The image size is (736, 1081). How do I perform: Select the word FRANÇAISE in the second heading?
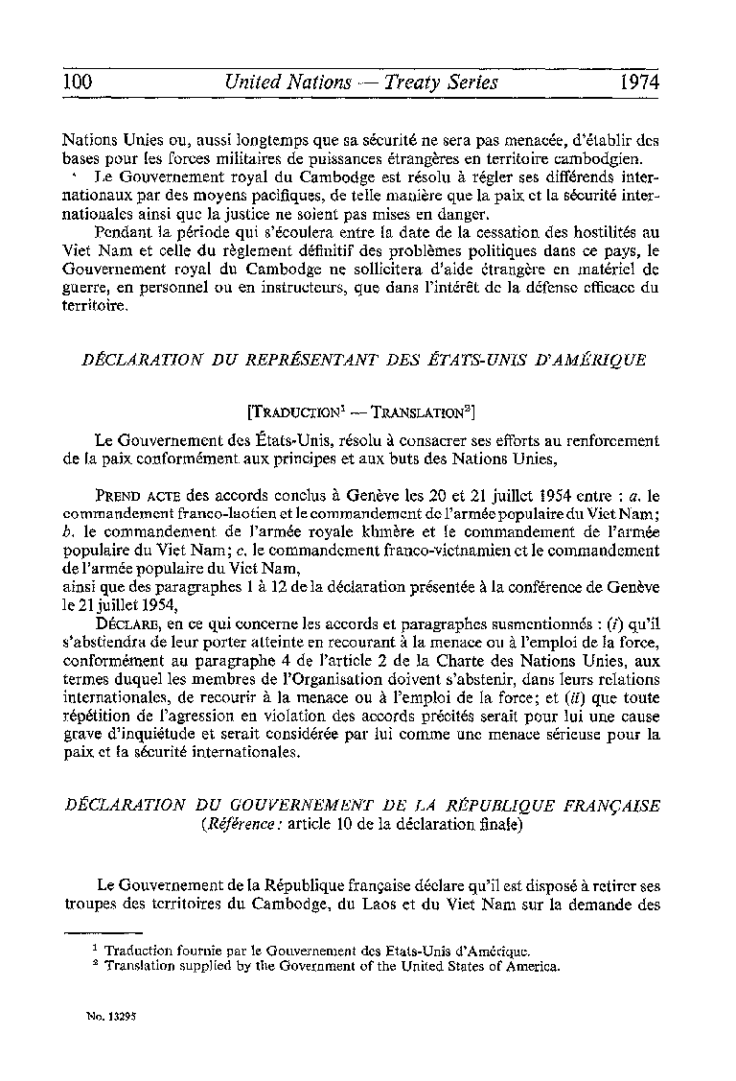click(615, 806)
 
